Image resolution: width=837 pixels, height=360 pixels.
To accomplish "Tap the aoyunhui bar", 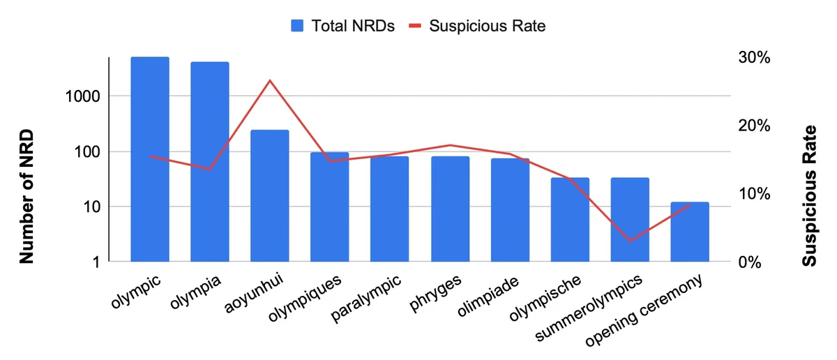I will [270, 196].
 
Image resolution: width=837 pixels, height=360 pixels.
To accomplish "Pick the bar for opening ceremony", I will [690, 232].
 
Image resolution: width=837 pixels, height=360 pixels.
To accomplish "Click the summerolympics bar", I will [630, 220].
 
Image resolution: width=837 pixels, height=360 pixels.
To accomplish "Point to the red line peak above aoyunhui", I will [270, 80].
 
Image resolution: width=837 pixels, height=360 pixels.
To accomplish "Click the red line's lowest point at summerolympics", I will [630, 241].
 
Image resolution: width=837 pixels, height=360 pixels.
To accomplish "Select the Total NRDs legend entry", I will [343, 27].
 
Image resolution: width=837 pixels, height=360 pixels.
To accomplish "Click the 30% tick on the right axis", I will [753, 58].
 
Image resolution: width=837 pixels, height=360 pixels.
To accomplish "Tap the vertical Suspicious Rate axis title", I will [809, 197].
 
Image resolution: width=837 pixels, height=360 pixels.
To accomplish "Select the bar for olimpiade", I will [510, 210].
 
